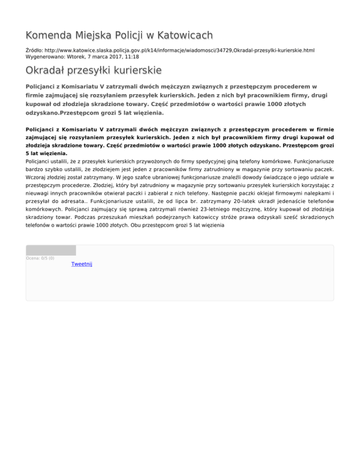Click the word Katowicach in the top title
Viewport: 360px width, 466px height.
(185, 35)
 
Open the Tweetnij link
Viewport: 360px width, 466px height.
(82, 264)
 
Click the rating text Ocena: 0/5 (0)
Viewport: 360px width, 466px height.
(40, 258)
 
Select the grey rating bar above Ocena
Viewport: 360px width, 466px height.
(51, 250)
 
